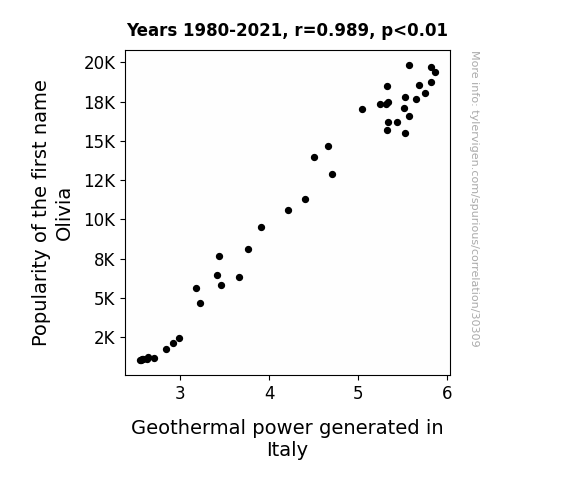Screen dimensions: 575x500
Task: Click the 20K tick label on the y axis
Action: pyautogui.click(x=100, y=63)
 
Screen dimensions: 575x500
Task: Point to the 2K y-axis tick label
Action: pyautogui.click(x=105, y=338)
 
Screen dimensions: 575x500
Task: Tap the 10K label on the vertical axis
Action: pyautogui.click(x=100, y=220)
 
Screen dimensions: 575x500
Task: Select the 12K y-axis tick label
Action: pyautogui.click(x=100, y=181)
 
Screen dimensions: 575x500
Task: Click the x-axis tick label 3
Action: pyautogui.click(x=180, y=393)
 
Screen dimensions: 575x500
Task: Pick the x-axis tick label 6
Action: pyautogui.click(x=447, y=393)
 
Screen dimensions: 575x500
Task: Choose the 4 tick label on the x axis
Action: pyautogui.click(x=270, y=393)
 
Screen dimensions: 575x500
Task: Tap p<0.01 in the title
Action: pyautogui.click(x=414, y=31)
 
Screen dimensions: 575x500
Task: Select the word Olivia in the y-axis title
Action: pyautogui.click(x=63, y=215)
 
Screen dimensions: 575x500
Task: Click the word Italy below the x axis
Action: pyautogui.click(x=287, y=450)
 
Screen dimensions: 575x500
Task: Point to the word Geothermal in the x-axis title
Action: pyautogui.click(x=188, y=428)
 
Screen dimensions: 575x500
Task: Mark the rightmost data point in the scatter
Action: pyautogui.click(x=435, y=73)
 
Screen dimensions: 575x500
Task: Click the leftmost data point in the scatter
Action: pyautogui.click(x=140, y=361)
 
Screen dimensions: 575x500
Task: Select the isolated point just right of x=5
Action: pyautogui.click(x=362, y=109)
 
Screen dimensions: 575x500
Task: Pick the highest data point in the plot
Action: pyautogui.click(x=409, y=66)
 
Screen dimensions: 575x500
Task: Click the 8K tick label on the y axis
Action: pyautogui.click(x=105, y=260)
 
